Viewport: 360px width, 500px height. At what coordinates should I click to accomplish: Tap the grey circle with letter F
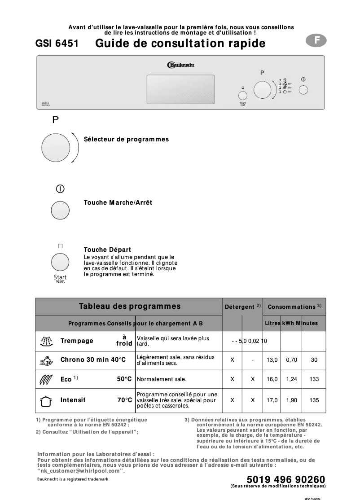[316, 40]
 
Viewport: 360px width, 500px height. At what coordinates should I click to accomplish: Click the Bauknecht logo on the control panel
[180, 65]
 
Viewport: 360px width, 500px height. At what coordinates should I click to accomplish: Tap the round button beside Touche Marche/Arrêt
[60, 210]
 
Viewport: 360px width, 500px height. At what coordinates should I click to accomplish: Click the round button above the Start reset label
[60, 262]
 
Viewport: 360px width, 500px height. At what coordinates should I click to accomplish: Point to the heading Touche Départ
[107, 250]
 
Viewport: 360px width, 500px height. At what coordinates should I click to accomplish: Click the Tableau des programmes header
[129, 307]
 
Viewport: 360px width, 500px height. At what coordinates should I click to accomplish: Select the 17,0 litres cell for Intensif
[272, 400]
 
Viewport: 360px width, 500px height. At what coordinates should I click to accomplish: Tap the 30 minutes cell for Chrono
[314, 360]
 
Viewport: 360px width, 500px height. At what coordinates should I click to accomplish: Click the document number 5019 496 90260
[285, 480]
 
